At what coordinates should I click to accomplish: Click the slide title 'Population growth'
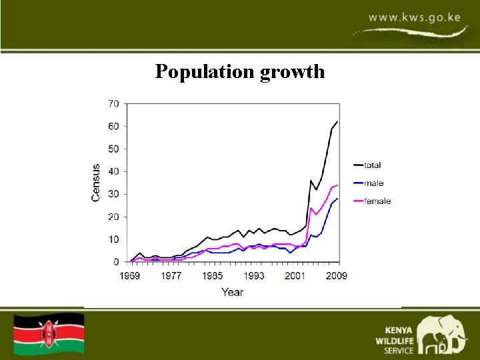coord(240,71)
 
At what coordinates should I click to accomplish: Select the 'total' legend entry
coord(372,165)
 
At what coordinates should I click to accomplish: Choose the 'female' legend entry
coord(377,201)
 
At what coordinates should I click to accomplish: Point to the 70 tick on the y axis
coord(113,104)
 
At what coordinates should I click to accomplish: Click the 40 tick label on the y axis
coord(113,171)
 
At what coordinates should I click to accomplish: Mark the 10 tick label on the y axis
coord(113,239)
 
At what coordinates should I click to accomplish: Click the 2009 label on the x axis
coord(337,275)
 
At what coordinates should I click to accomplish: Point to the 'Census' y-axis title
coord(96,183)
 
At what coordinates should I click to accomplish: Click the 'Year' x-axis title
coord(232,292)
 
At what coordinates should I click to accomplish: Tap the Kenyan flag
coord(49,333)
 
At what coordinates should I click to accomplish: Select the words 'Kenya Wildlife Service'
coord(399,339)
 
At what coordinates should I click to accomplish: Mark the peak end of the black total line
coord(337,122)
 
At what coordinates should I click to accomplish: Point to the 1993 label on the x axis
coord(253,275)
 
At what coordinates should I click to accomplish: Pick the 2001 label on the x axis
coord(295,275)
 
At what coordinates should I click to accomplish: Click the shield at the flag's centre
coord(49,333)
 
